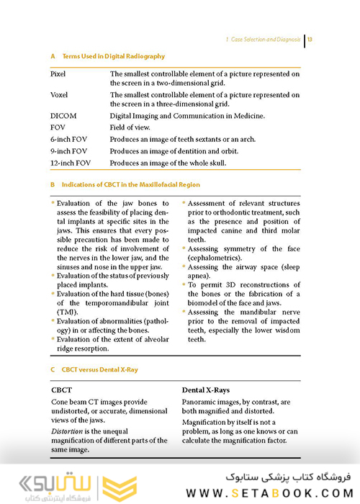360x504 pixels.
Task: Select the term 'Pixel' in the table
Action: (58, 74)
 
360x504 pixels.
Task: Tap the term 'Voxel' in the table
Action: (59, 95)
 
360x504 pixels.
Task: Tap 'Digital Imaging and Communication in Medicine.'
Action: (187, 115)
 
